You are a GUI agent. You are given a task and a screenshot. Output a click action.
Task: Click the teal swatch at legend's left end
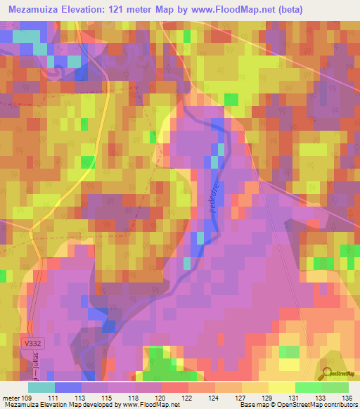click(x=41, y=387)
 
